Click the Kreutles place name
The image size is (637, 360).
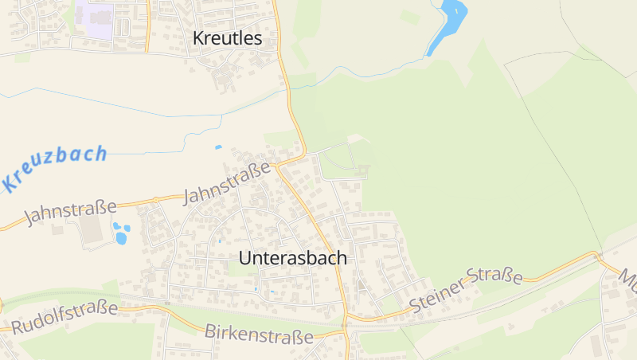pos(227,37)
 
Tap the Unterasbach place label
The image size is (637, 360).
pos(293,258)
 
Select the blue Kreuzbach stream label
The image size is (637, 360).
pos(54,168)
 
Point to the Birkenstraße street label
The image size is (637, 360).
pos(259,334)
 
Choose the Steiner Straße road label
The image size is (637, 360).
pos(466,290)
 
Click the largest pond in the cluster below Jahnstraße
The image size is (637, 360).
pos(121,237)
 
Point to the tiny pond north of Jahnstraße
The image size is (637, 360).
pos(218,147)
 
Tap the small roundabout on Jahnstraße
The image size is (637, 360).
pos(156,199)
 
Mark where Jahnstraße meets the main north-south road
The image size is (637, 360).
pos(276,166)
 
